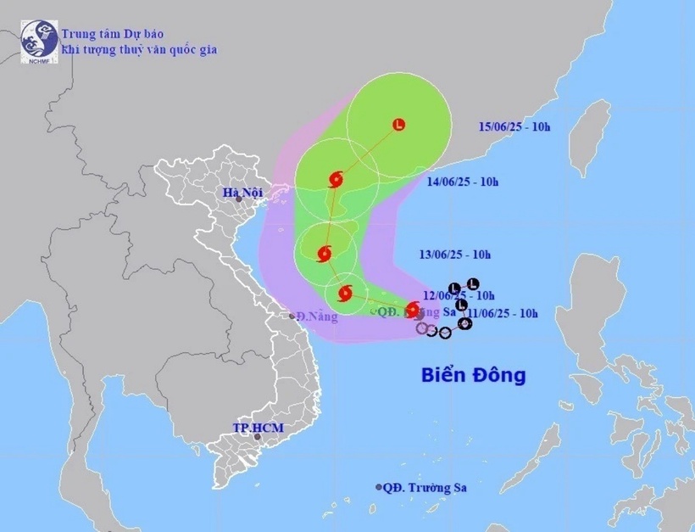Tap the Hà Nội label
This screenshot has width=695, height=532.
pyautogui.click(x=243, y=193)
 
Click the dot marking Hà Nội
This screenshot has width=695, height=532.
pyautogui.click(x=240, y=199)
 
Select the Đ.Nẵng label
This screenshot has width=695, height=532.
pyautogui.click(x=319, y=317)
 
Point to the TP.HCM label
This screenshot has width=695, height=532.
pyautogui.click(x=258, y=428)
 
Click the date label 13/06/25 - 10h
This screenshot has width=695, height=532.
pyautogui.click(x=455, y=254)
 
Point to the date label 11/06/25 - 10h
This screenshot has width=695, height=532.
pyautogui.click(x=505, y=313)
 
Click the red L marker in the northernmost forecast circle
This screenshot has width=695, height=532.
pyautogui.click(x=398, y=125)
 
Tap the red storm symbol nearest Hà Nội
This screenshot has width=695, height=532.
pyautogui.click(x=335, y=179)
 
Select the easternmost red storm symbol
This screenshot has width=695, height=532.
pyautogui.click(x=413, y=310)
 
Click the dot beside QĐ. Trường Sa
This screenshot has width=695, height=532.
pyautogui.click(x=378, y=487)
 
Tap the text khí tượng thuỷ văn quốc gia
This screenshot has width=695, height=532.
pyautogui.click(x=138, y=49)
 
